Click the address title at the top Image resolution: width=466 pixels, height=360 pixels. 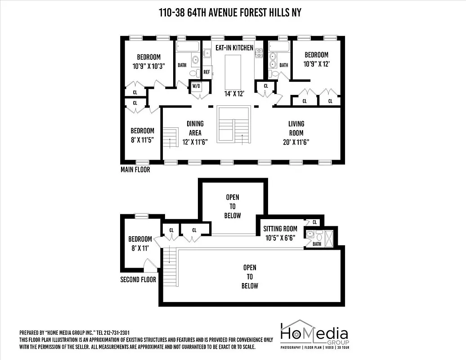pos(230,13)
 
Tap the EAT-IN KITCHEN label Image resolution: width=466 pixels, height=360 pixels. pos(234,48)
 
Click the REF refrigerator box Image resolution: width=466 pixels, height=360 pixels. pos(207,72)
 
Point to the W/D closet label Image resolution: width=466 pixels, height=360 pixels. pos(197,86)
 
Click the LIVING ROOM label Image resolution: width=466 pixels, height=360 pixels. pos(296,133)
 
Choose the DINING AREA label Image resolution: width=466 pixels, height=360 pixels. pos(195,133)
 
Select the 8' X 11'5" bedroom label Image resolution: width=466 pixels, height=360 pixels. pos(142,135)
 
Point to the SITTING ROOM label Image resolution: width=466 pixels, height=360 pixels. pos(280,233)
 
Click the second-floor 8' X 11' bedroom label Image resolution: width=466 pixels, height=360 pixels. pos(140,243)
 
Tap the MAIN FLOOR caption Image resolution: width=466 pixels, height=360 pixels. pos(135,170)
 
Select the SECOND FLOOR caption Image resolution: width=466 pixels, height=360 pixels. pos(138,279)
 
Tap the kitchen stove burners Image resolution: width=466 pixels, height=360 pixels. pos(259,53)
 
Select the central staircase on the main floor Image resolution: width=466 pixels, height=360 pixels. pos(233,124)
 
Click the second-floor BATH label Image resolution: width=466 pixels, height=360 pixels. pos(317,244)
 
